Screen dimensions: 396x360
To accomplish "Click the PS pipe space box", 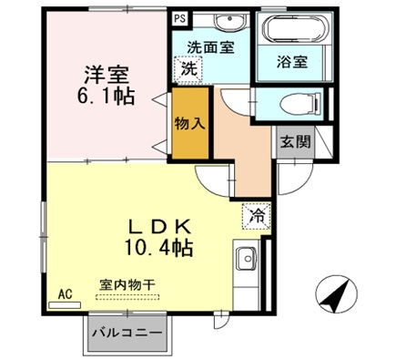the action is pyautogui.click(x=179, y=18).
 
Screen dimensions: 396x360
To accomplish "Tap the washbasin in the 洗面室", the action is pyautogui.click(x=228, y=21).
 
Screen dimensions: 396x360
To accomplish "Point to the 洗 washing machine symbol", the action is pyautogui.click(x=188, y=69).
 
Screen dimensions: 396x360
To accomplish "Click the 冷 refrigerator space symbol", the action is pyautogui.click(x=257, y=216).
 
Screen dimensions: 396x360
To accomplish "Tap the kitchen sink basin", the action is pyautogui.click(x=247, y=259).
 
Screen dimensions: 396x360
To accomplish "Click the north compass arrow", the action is pyautogui.click(x=337, y=293).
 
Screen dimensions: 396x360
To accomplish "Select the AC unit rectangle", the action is pyautogui.click(x=65, y=305).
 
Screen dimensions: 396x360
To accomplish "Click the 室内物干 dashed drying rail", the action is pyautogui.click(x=127, y=297).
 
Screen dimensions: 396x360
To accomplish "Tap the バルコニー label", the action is pyautogui.click(x=127, y=333).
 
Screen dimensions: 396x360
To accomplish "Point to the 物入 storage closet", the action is pyautogui.click(x=190, y=123).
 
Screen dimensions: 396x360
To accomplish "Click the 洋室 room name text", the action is pyautogui.click(x=107, y=75).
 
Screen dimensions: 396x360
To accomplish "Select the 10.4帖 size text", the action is pyautogui.click(x=158, y=248).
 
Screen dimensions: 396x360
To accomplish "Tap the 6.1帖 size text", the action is pyautogui.click(x=106, y=96).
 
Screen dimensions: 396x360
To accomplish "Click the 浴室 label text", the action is pyautogui.click(x=292, y=62).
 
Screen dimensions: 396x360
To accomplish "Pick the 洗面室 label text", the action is pyautogui.click(x=210, y=47).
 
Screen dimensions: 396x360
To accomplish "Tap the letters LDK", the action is pyautogui.click(x=159, y=226).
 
